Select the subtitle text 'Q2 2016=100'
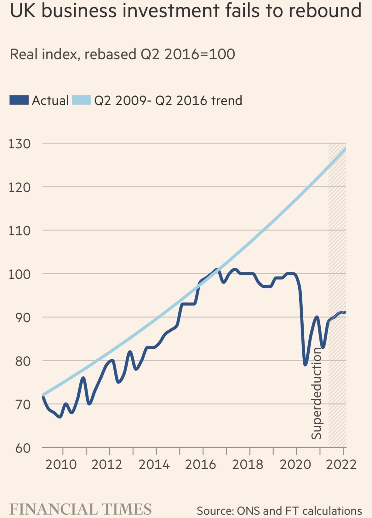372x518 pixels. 188,54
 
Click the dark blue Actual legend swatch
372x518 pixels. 19,100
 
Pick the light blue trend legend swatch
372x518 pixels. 82,100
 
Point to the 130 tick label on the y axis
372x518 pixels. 20,144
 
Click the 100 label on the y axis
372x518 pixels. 20,274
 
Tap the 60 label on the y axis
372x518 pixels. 23,448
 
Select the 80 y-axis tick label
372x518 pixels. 23,361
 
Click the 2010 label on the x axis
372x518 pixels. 61,464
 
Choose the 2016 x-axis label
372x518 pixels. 201,464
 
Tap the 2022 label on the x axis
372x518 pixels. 341,464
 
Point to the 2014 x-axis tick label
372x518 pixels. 154,464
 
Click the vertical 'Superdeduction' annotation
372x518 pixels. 316,393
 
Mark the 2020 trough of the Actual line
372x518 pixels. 305,365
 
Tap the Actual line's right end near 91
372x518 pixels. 345,313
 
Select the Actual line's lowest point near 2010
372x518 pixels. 60,417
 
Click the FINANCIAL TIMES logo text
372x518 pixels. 80,509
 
